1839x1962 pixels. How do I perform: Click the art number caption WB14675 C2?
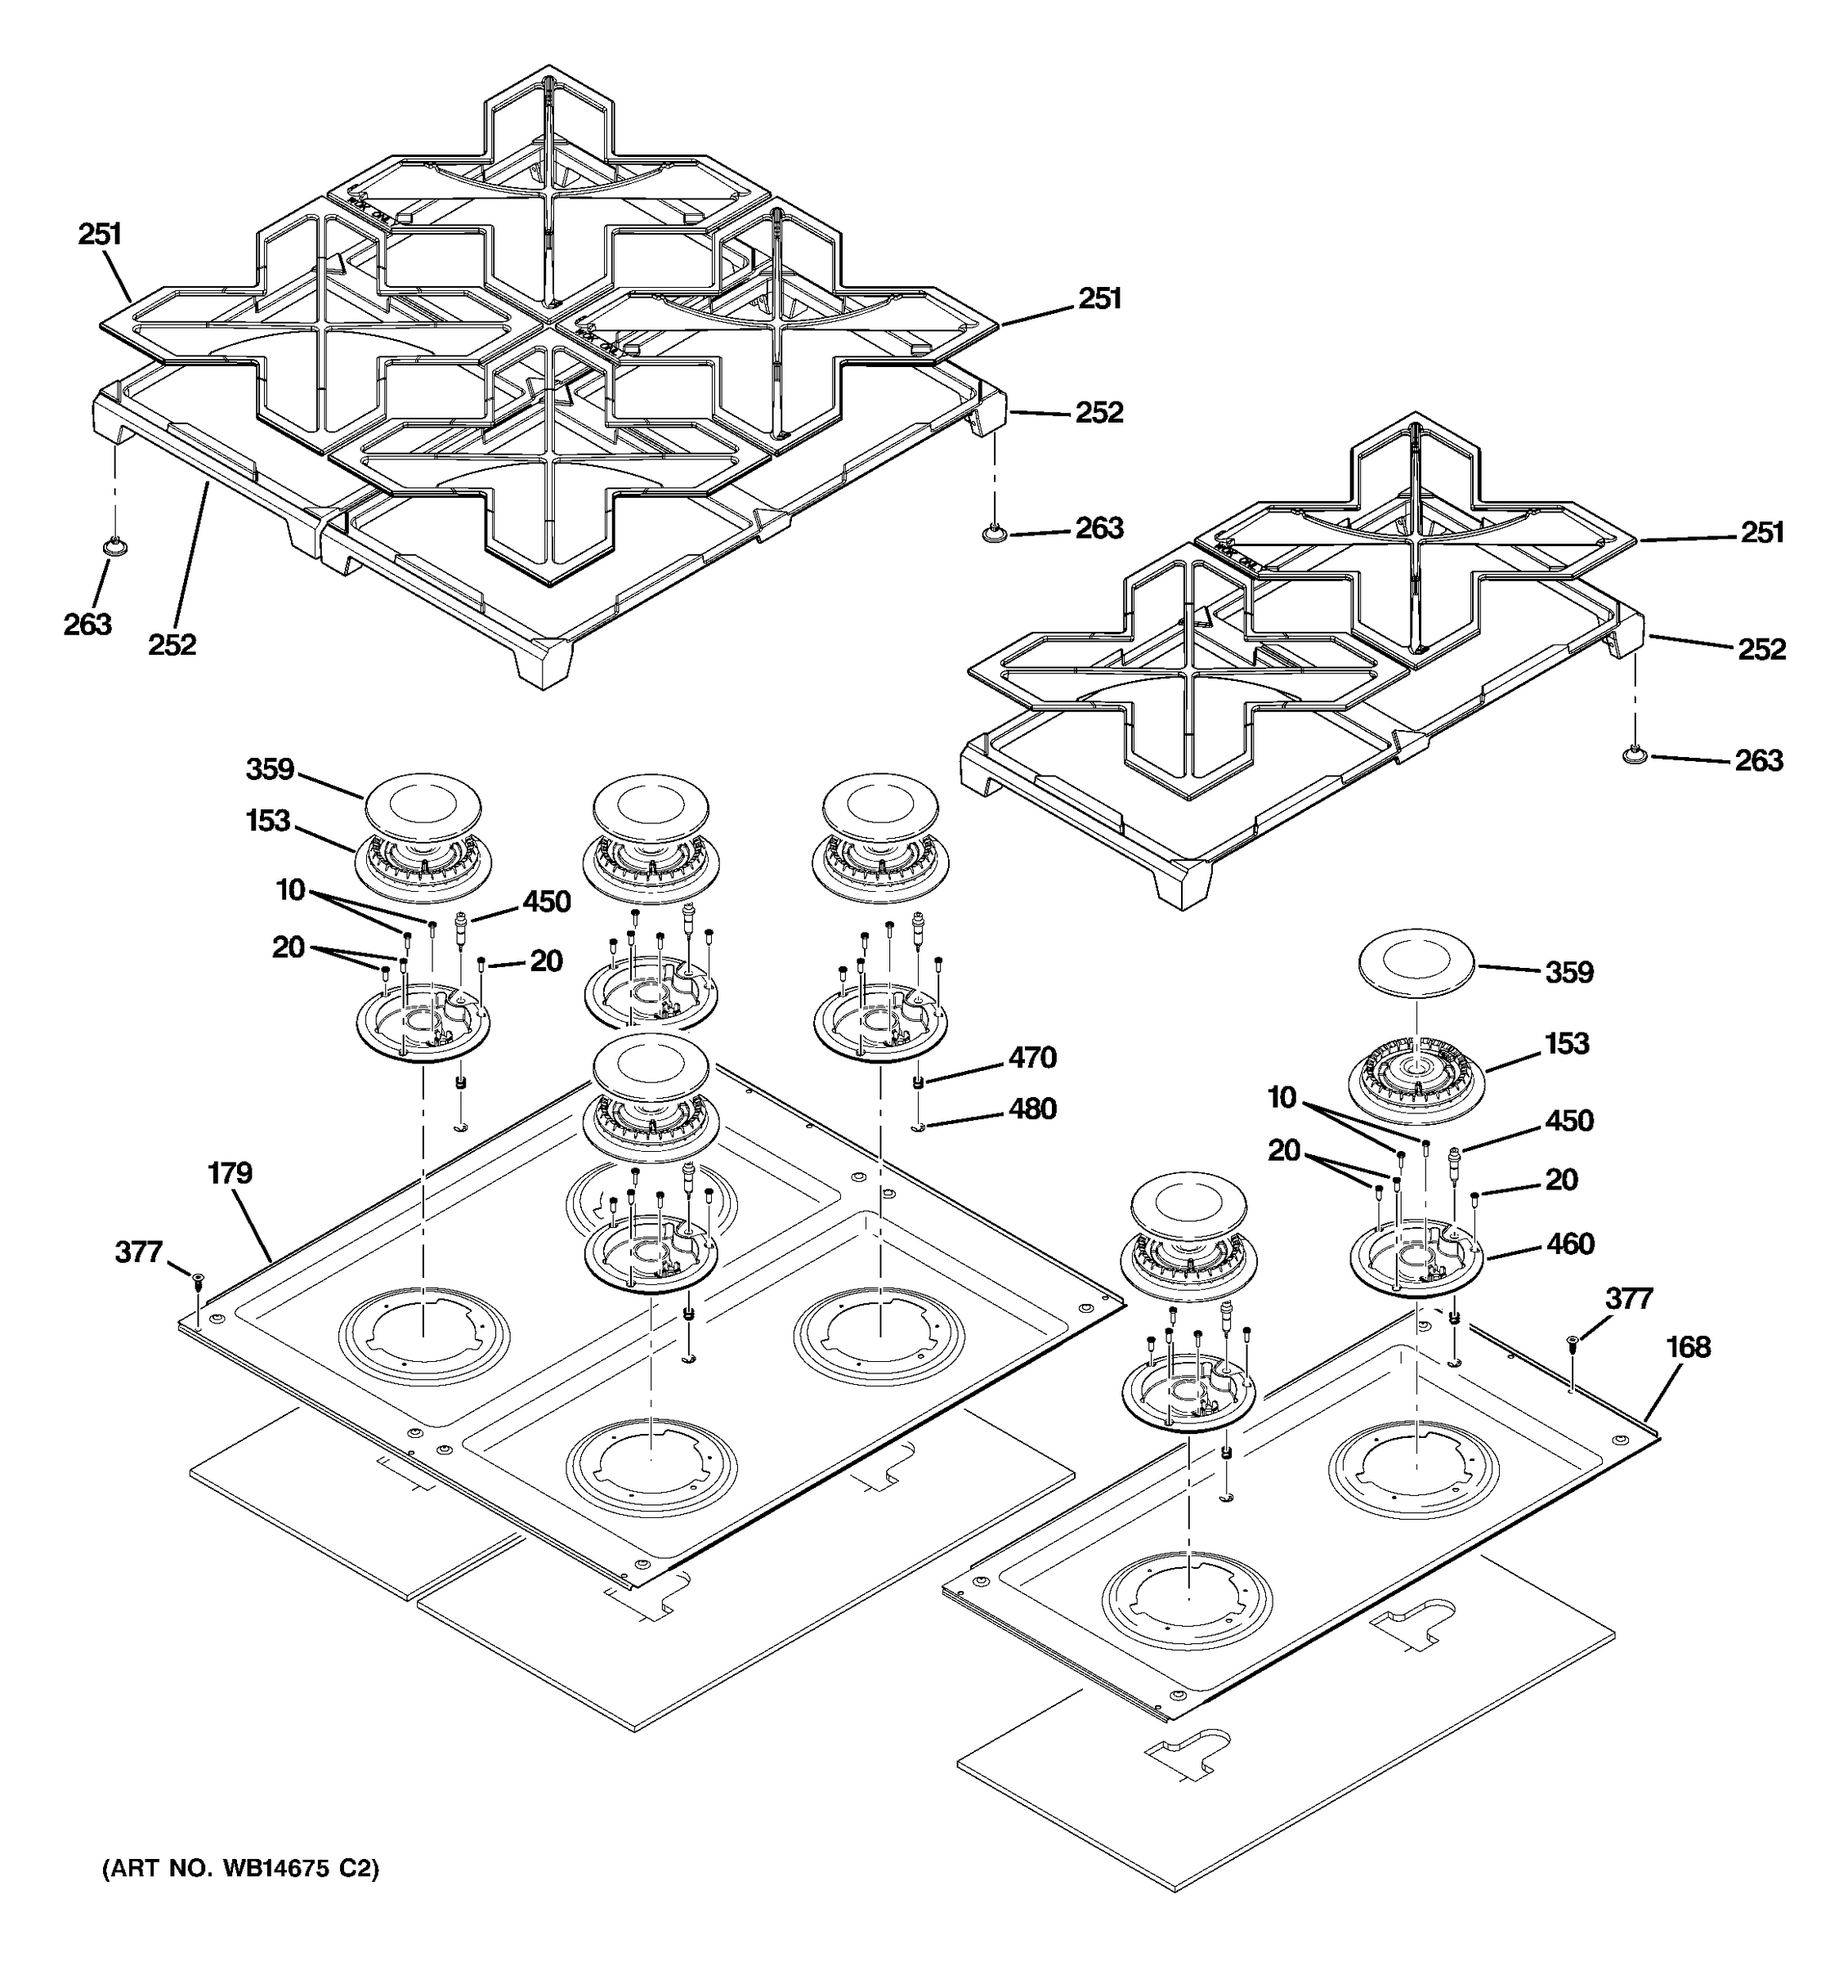241,1870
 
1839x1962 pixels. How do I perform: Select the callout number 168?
1688,1347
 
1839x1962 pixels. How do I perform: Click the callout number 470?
1032,1058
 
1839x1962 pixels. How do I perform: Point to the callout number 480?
1032,1109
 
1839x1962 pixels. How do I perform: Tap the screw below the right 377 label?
1573,1340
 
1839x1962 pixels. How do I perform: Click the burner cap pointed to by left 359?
423,805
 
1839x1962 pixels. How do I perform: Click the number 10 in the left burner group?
290,890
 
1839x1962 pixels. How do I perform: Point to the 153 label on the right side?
1567,1043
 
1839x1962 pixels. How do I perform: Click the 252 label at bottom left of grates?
172,644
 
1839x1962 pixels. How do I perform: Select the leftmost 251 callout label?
100,234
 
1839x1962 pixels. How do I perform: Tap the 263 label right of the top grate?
1099,528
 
